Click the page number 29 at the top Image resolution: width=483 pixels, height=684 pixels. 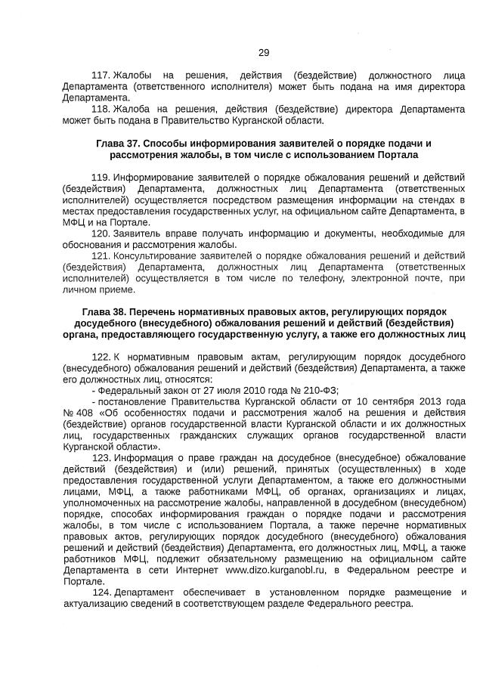pyautogui.click(x=263, y=52)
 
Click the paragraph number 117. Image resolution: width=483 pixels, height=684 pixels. pyautogui.click(x=101, y=76)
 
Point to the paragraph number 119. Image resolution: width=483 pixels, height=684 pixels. pyautogui.click(x=101, y=177)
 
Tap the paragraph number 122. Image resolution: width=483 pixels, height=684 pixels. pyautogui.click(x=101, y=356)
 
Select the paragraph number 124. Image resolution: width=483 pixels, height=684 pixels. pyautogui.click(x=102, y=592)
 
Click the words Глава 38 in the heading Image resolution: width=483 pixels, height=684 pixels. pyautogui.click(x=104, y=311)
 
